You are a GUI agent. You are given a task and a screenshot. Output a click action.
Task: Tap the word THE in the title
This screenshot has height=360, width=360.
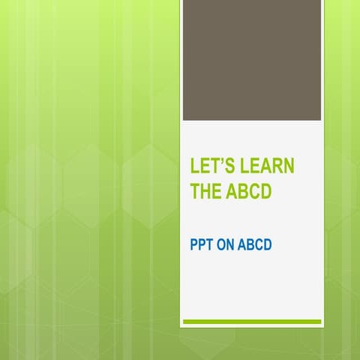point(205,193)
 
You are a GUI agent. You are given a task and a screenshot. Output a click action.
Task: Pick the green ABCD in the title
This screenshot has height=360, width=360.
point(249,193)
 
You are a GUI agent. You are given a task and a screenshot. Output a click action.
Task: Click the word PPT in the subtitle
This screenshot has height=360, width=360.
point(200,244)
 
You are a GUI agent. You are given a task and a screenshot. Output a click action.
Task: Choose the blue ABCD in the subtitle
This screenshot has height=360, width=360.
point(254,244)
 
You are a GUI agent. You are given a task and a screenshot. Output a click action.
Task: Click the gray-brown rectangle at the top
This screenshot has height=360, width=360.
point(252,60)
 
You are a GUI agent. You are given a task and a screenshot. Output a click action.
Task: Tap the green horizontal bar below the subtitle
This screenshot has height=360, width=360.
point(252,322)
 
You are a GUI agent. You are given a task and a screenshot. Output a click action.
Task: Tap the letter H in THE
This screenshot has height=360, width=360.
point(205,193)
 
